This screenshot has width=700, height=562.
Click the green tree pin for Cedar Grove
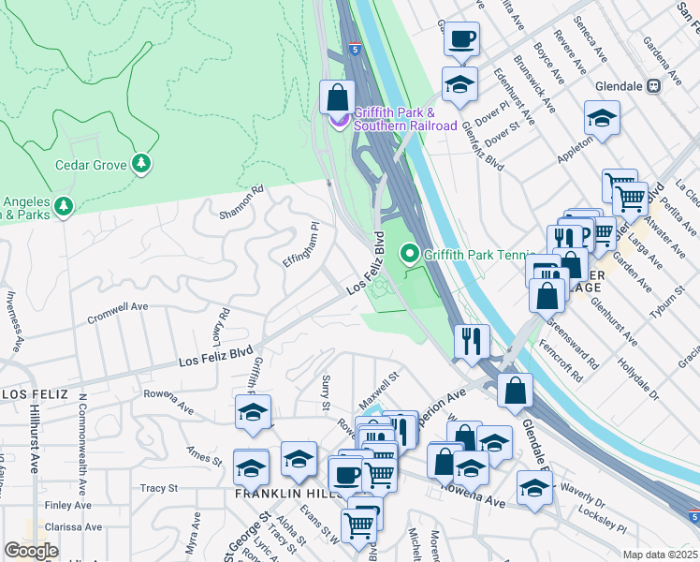click(x=141, y=164)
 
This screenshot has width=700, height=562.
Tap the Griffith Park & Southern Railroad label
click(x=404, y=120)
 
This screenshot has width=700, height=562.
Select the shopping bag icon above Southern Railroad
click(x=337, y=97)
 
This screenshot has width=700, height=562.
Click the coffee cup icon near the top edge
click(x=460, y=39)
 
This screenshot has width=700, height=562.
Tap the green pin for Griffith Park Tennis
click(x=409, y=254)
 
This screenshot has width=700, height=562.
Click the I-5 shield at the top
click(x=355, y=47)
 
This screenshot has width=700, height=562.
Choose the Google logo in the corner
click(x=31, y=550)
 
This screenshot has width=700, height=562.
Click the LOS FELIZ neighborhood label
click(x=35, y=394)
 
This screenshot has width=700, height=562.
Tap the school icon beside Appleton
click(x=602, y=119)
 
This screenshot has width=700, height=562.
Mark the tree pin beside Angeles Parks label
click(x=63, y=205)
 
